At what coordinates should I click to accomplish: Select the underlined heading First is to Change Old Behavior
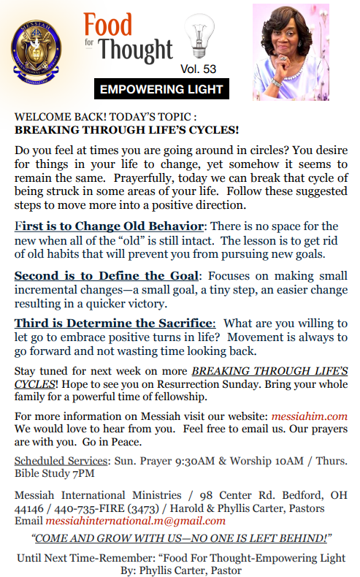tap(110, 226)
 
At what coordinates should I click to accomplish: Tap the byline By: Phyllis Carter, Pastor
tap(180, 569)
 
